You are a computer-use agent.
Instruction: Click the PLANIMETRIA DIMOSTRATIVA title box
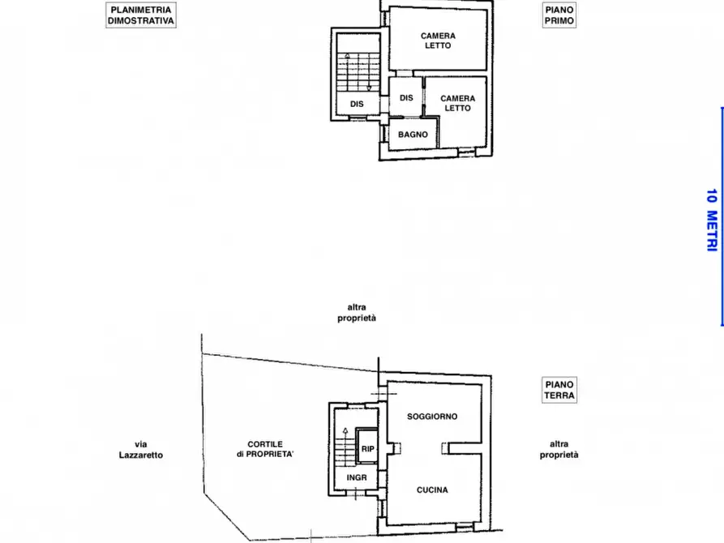(141, 15)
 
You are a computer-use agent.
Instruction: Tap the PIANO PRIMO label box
(559, 15)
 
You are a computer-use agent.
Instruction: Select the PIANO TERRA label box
(559, 390)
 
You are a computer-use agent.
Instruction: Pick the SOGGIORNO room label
(432, 417)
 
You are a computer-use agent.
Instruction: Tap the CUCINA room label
(432, 490)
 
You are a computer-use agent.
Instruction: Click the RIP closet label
(367, 448)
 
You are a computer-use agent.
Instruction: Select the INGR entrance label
(357, 477)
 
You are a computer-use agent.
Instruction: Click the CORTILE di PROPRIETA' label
(265, 450)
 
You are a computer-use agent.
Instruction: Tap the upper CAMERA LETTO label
(438, 41)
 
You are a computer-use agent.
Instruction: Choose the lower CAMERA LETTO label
(457, 103)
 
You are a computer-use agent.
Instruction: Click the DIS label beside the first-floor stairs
(357, 104)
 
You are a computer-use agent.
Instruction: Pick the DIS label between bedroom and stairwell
(406, 98)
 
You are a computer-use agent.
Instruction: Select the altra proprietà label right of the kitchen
(559, 450)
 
